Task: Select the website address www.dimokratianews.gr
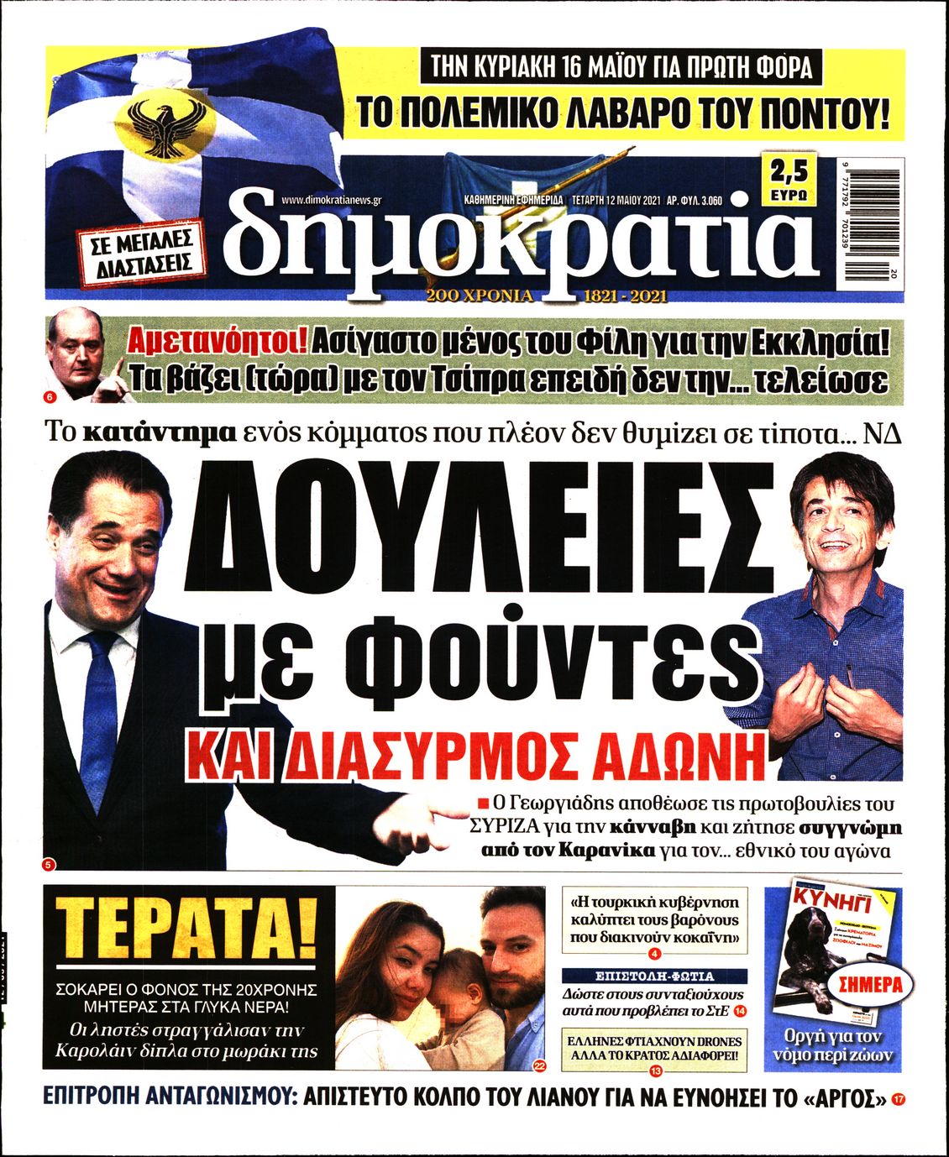pos(332,200)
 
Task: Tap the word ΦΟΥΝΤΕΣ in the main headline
pos(555,662)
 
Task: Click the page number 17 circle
pos(899,1099)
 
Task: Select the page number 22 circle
pos(539,1065)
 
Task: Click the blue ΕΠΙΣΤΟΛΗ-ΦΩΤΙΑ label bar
pos(654,976)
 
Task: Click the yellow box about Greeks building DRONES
pos(654,1039)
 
